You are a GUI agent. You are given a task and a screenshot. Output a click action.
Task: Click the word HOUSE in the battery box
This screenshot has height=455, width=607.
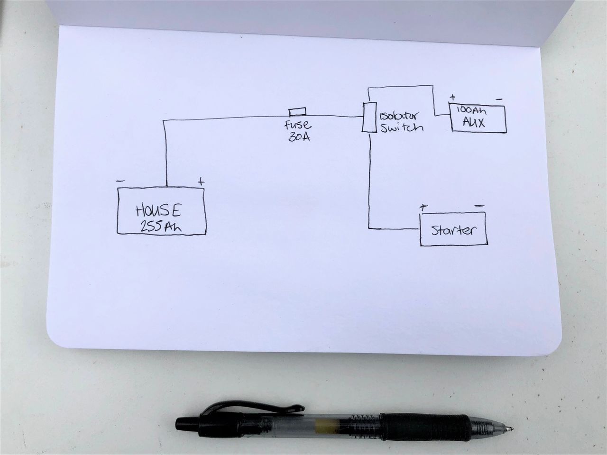pyautogui.click(x=159, y=210)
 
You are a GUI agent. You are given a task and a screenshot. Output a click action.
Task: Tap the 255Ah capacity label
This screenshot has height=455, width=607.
pyautogui.click(x=161, y=227)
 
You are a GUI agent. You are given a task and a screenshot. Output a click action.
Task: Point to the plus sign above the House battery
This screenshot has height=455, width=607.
pyautogui.click(x=201, y=182)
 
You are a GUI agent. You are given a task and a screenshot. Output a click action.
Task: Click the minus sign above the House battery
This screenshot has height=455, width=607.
pyautogui.click(x=120, y=181)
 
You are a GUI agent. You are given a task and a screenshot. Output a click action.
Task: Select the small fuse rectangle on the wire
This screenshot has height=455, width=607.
pyautogui.click(x=297, y=112)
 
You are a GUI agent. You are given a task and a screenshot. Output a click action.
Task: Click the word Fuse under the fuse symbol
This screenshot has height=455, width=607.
pyautogui.click(x=298, y=126)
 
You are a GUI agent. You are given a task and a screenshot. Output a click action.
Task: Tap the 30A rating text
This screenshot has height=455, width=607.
pyautogui.click(x=299, y=139)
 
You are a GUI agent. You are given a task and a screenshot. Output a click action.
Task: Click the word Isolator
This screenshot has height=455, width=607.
pyautogui.click(x=398, y=116)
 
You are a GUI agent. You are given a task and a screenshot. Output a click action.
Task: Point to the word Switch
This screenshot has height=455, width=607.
pyautogui.click(x=401, y=127)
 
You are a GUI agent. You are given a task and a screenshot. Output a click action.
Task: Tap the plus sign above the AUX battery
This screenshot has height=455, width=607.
pyautogui.click(x=452, y=98)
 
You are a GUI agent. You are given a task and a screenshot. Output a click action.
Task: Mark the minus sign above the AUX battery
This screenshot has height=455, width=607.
pyautogui.click(x=499, y=100)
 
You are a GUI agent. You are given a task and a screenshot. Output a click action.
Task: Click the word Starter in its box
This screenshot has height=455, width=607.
pyautogui.click(x=453, y=231)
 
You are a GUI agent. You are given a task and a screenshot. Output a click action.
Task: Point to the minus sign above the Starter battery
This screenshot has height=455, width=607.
pyautogui.click(x=479, y=206)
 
